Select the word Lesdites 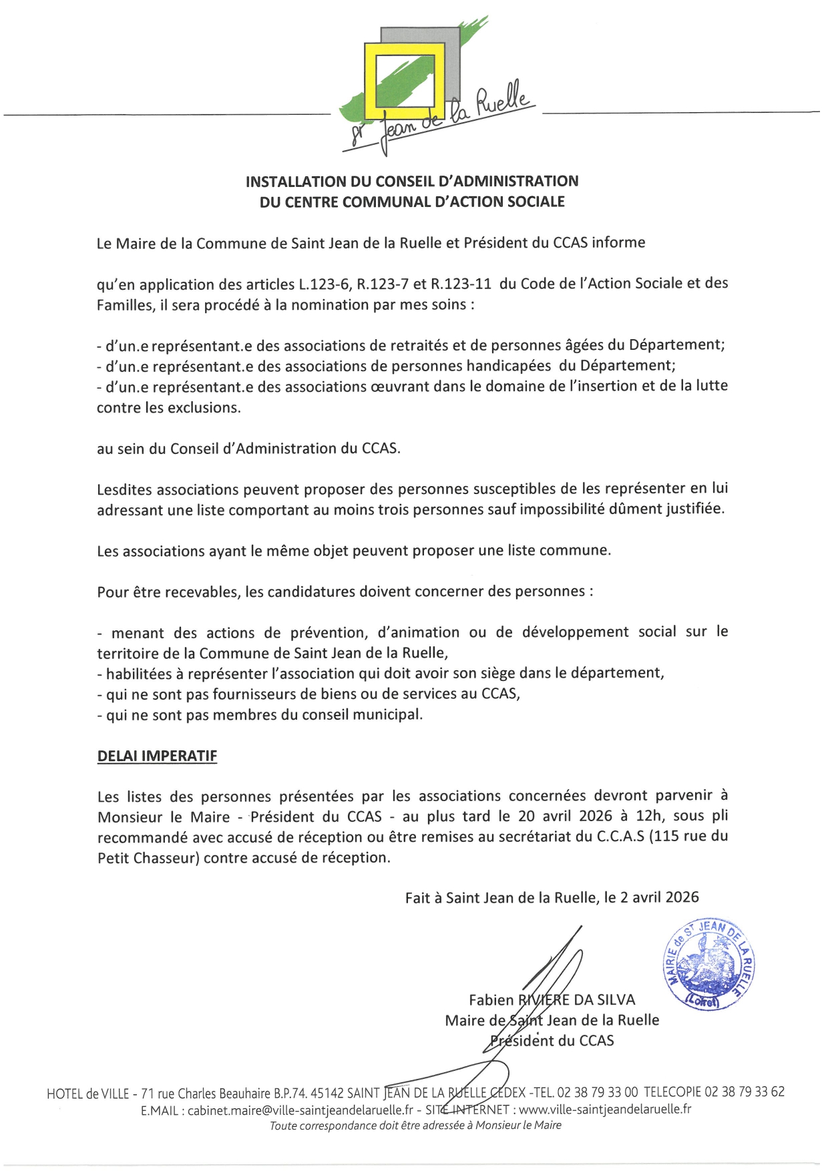click(x=125, y=489)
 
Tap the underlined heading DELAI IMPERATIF click(x=158, y=756)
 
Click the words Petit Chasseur click(x=148, y=857)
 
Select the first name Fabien click(x=491, y=1000)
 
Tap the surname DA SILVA click(x=604, y=1000)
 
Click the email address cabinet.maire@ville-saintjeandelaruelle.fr click(x=300, y=1110)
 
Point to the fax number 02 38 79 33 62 click(x=745, y=1092)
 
